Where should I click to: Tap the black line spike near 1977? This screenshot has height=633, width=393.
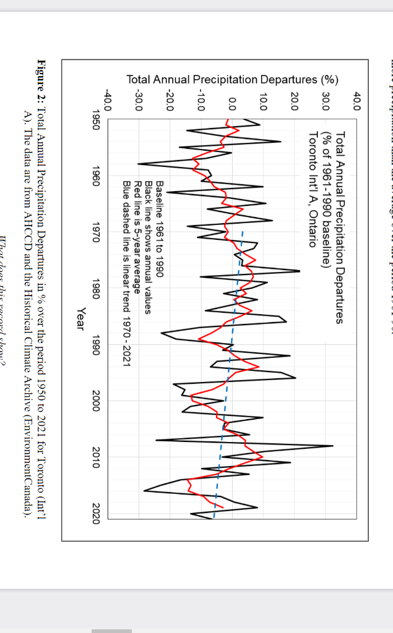click(300, 271)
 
